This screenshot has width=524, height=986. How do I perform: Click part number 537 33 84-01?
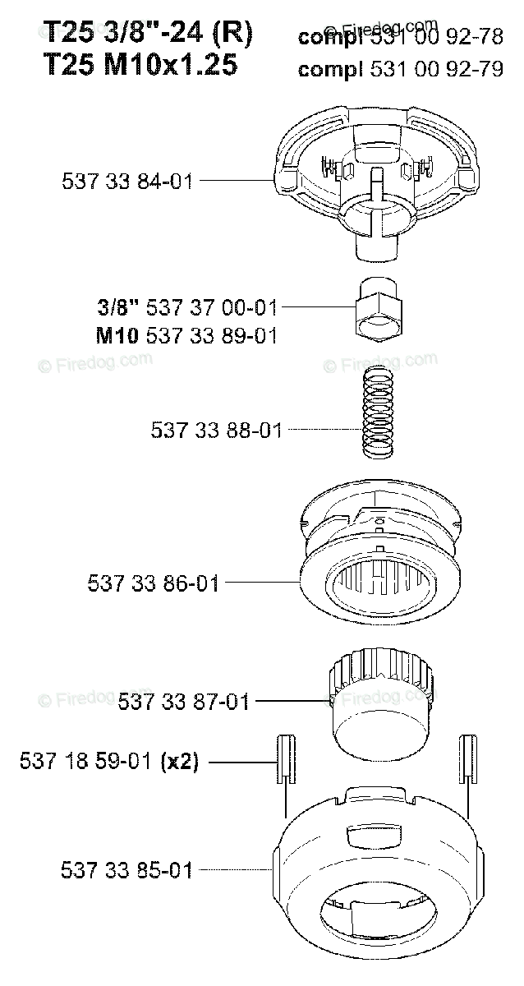coord(127,182)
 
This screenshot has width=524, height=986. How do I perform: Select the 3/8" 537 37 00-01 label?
coord(187,307)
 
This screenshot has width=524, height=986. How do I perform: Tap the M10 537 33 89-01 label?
coord(186,336)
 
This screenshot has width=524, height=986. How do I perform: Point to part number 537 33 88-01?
coord(216,430)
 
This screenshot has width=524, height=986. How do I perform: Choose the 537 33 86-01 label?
coord(153,583)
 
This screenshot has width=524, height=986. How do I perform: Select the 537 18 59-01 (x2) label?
coord(109,761)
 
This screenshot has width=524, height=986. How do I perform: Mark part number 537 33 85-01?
coord(126,871)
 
